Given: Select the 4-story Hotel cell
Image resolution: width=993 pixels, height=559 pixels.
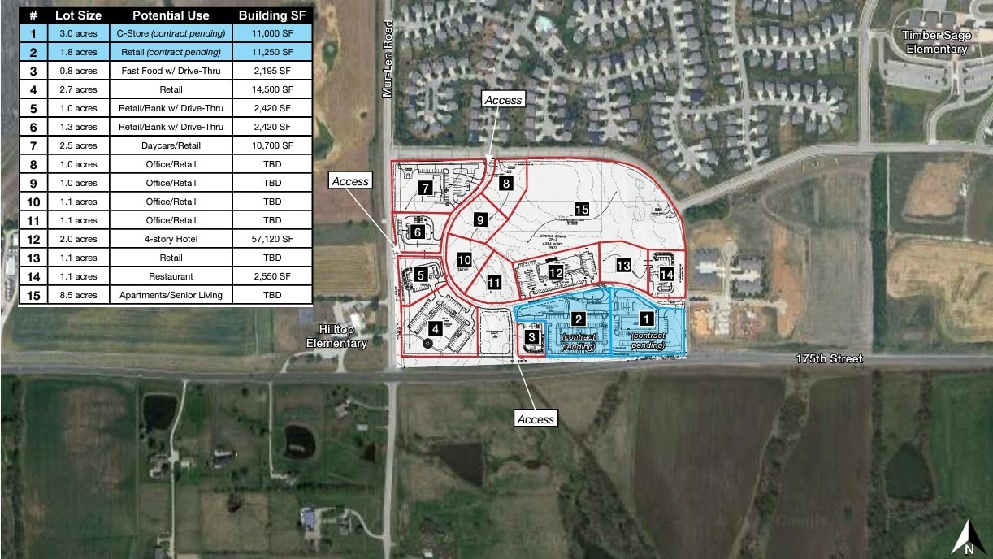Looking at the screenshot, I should (171, 239).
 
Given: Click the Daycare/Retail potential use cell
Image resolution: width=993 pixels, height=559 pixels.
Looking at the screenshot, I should (171, 145).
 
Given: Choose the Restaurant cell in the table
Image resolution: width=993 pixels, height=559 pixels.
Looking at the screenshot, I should (171, 276).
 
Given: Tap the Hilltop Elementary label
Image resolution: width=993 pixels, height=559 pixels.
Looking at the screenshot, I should (336, 337).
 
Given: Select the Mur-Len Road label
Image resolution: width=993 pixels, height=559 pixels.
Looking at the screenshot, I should (388, 71).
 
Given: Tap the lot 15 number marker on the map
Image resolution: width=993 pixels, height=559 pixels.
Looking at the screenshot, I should (581, 209).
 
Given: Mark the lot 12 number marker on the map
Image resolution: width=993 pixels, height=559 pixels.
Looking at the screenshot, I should (556, 273).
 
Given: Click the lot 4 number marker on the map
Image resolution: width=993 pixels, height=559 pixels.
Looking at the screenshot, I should (436, 329).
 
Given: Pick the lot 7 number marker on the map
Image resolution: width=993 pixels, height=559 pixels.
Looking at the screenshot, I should (425, 188).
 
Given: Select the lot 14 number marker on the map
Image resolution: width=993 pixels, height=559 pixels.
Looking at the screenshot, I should (666, 275).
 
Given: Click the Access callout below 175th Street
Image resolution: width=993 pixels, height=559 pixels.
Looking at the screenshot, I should (536, 419).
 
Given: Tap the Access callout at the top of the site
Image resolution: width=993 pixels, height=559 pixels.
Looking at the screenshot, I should (503, 99).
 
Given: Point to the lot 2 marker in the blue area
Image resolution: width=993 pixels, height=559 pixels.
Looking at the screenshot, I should (579, 318).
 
